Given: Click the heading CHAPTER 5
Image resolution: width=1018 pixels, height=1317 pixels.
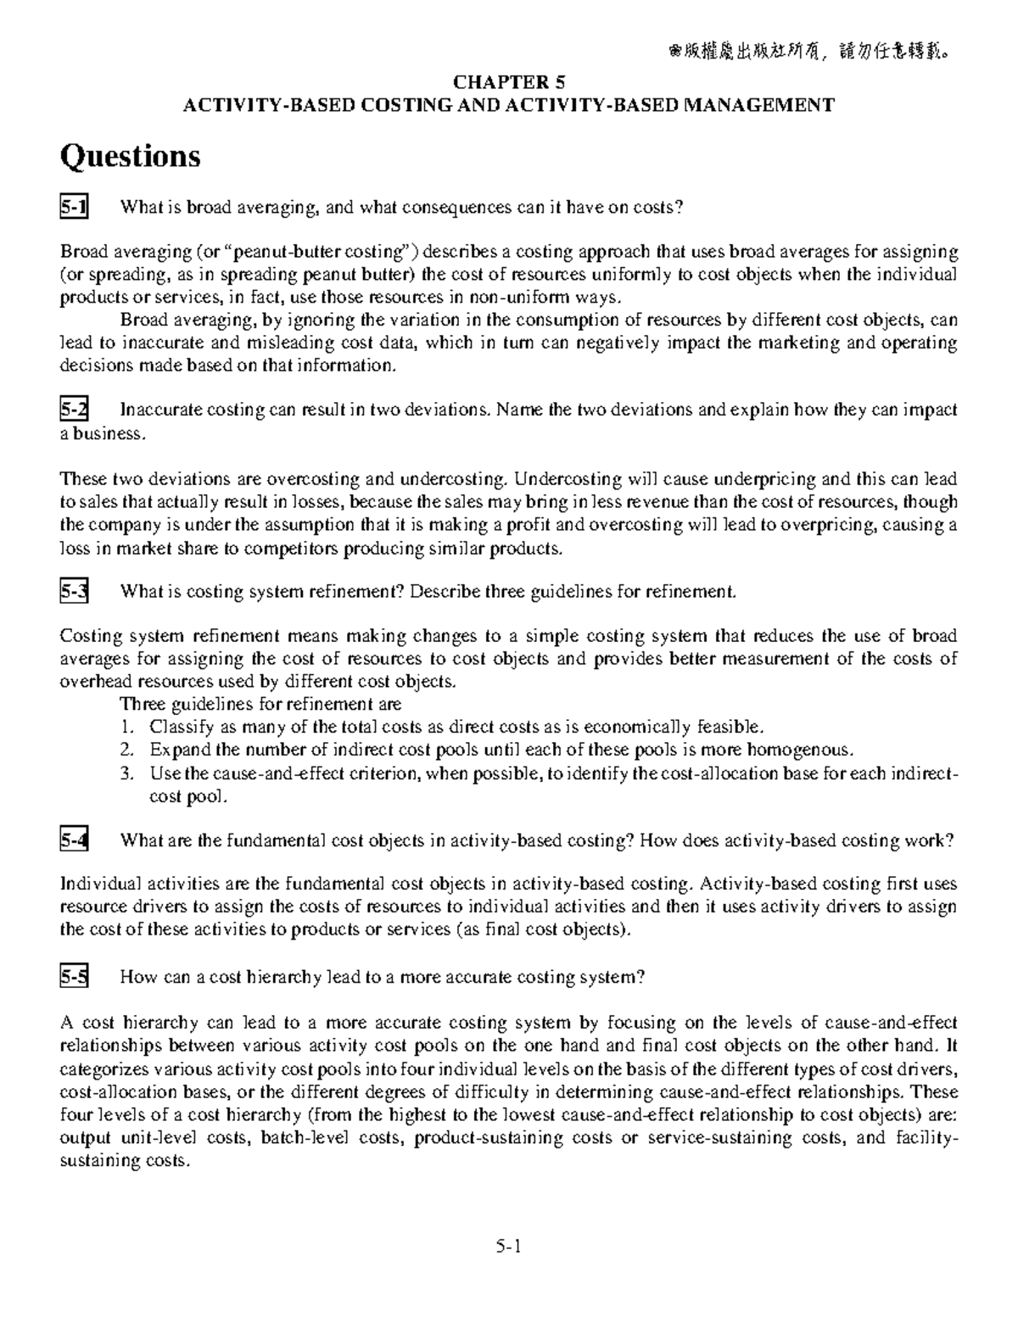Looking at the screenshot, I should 509,82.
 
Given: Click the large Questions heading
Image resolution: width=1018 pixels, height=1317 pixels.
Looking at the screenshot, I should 130,156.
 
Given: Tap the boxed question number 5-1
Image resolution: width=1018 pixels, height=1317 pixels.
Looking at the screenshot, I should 74,207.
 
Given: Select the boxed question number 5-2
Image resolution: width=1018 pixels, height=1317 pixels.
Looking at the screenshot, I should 74,410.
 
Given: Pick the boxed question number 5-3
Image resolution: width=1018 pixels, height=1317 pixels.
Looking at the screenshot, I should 74,592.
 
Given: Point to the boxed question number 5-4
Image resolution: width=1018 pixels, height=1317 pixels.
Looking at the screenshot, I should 74,840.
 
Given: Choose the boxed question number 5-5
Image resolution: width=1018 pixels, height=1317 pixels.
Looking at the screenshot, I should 74,977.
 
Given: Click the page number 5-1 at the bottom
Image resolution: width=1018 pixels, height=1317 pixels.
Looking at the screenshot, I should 508,1247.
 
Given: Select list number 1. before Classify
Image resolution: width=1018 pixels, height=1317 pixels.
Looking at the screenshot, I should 127,728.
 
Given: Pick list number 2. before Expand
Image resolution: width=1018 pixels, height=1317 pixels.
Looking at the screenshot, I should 127,751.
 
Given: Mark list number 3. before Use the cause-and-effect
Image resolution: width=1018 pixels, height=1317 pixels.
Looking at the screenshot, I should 127,773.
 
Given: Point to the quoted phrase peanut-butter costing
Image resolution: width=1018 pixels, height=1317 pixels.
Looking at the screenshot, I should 322,252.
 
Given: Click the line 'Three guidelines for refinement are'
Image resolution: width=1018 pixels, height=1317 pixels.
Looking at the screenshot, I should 260,705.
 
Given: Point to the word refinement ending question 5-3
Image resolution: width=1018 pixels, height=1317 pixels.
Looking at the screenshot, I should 690,592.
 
